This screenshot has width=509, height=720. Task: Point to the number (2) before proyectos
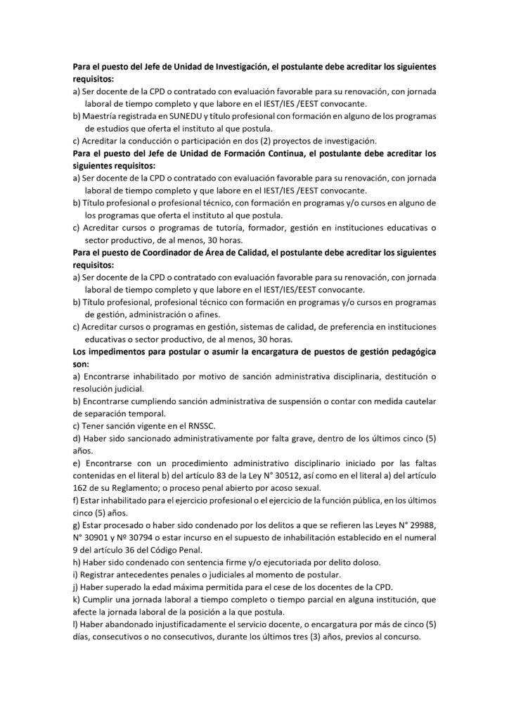271,141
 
